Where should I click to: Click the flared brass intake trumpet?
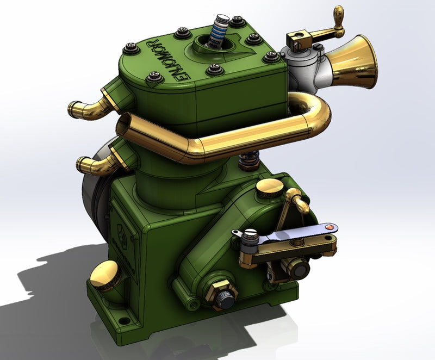[356, 61]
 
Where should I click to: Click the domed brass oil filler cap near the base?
[105, 275]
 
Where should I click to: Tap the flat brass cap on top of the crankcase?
[269, 188]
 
